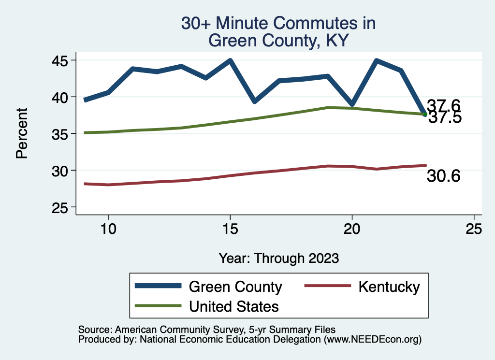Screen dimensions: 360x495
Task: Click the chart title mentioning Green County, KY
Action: click(278, 31)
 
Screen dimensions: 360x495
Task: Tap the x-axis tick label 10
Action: click(108, 229)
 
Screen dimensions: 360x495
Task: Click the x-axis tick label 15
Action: click(230, 229)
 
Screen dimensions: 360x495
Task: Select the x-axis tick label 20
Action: click(352, 229)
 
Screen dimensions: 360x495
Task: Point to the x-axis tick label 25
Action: click(474, 229)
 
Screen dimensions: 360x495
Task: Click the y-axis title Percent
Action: click(21, 134)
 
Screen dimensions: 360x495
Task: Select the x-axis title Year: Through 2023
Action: click(278, 258)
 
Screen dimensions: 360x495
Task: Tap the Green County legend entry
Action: click(235, 287)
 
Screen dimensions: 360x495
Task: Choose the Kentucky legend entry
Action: click(389, 287)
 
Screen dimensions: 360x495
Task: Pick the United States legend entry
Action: click(233, 306)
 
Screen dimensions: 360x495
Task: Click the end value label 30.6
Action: click(443, 177)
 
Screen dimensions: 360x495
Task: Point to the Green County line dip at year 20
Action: click(352, 104)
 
